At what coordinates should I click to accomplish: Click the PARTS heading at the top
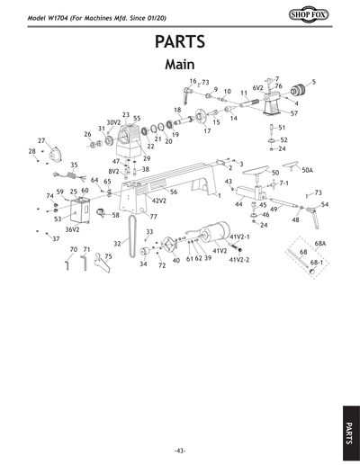tap(180, 42)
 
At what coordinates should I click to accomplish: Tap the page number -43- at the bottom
tap(180, 450)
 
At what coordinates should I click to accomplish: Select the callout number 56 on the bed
tap(173, 192)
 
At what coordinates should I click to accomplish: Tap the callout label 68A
tap(319, 243)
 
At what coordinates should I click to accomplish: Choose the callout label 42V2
tap(158, 201)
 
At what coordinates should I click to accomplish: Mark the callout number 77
tap(154, 217)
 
